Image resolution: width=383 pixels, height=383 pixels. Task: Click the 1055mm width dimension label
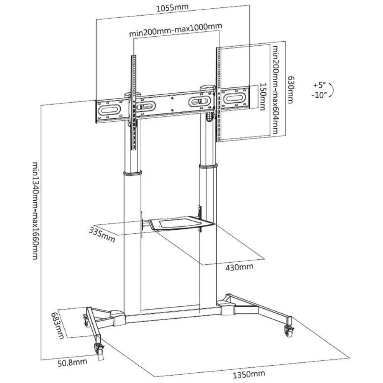click(x=172, y=7)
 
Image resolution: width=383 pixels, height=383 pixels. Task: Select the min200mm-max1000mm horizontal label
click(x=176, y=29)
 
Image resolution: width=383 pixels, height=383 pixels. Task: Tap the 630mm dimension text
click(x=290, y=90)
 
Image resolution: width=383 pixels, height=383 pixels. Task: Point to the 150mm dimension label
click(x=263, y=97)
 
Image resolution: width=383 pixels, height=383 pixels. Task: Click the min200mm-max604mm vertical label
click(x=275, y=90)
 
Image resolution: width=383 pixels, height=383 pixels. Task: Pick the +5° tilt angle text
click(x=319, y=85)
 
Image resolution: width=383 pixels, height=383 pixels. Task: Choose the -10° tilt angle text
click(x=319, y=95)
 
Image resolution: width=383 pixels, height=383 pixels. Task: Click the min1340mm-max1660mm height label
click(x=36, y=211)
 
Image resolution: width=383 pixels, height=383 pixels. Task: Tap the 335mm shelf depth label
click(x=102, y=234)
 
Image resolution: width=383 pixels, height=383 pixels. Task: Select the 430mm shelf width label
click(x=239, y=267)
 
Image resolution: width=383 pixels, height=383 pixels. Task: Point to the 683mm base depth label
click(x=58, y=326)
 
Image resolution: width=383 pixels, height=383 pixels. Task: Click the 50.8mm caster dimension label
click(x=72, y=362)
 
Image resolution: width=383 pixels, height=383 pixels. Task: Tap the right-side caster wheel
click(x=289, y=331)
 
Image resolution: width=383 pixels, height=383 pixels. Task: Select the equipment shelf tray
click(x=181, y=223)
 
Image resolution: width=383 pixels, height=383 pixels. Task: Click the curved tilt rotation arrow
click(x=331, y=90)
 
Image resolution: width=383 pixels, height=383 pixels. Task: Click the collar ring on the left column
click(x=133, y=173)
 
